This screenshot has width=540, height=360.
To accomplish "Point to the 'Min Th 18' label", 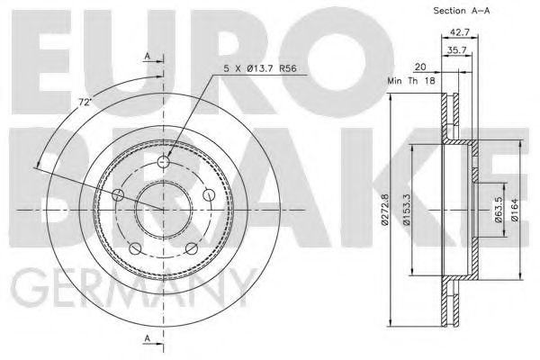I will point(410,81).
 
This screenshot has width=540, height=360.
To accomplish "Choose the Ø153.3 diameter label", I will point(407,209).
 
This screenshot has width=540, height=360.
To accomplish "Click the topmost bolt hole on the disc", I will point(163,163).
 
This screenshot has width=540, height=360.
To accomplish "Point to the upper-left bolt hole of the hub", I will point(118,195).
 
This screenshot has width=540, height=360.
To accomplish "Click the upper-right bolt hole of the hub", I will point(208,195).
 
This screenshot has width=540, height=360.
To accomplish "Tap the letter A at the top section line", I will point(148,57).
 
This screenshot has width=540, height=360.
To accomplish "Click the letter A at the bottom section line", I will point(148,337).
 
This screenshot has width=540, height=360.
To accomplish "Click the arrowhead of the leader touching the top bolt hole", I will point(168,157).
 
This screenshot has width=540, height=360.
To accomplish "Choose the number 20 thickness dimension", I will point(420,66).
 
